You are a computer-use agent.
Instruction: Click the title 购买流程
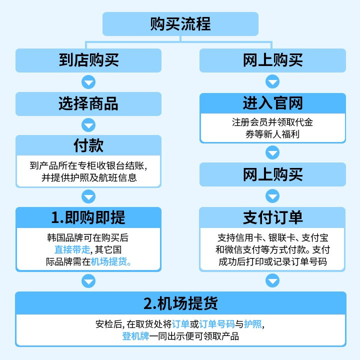[x=180, y=24]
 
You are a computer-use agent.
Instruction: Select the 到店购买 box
[x=88, y=60]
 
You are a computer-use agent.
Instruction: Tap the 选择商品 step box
[x=88, y=103]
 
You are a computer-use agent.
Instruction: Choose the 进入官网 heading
[x=272, y=103]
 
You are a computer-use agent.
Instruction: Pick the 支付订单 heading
[x=272, y=217]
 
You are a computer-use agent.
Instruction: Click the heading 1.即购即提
[x=88, y=217]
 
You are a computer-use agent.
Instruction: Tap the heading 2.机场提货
[x=180, y=303]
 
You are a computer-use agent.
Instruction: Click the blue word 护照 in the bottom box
[x=254, y=324]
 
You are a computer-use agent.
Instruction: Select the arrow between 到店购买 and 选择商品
[x=88, y=82]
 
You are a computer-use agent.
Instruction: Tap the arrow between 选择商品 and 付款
[x=88, y=125]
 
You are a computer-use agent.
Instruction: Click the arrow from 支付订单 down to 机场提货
[x=272, y=281]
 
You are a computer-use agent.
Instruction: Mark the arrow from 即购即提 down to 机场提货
[x=88, y=281]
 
